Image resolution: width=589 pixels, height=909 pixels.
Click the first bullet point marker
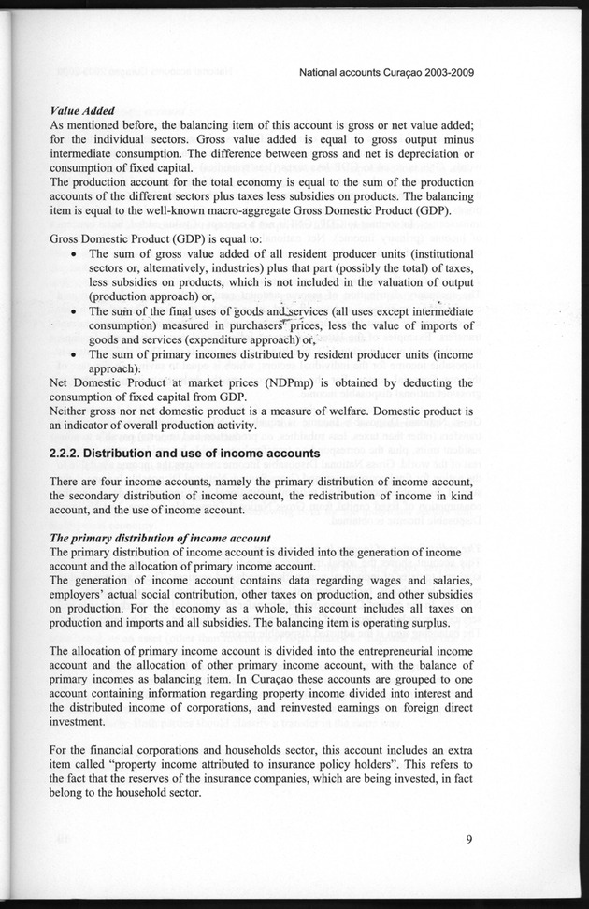(x=75, y=253)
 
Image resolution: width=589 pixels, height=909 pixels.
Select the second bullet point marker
(x=75, y=311)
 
